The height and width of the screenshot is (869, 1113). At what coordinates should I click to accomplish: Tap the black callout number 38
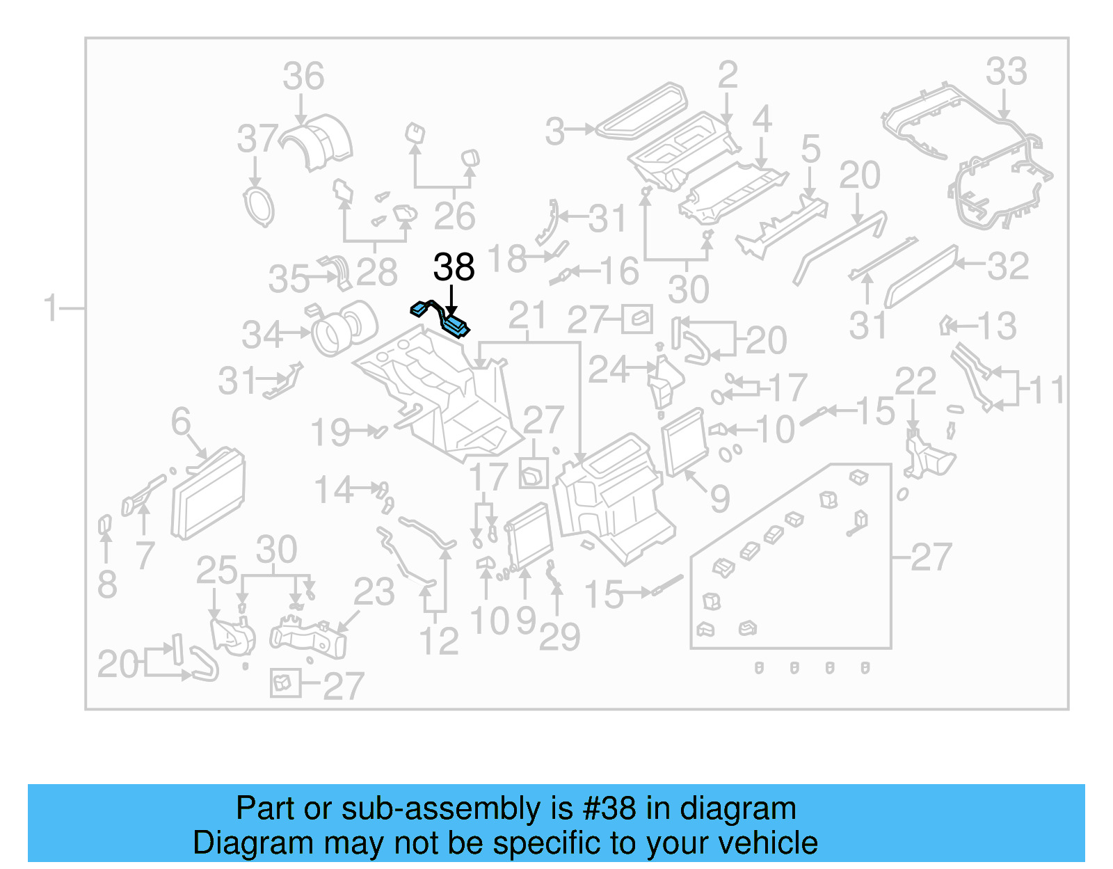454,267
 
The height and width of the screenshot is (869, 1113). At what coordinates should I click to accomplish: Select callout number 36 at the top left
303,76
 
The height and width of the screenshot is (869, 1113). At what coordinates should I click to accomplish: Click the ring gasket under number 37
259,207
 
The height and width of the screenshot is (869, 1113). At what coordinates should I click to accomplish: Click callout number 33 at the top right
1006,71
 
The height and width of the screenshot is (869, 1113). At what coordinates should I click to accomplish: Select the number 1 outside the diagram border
50,307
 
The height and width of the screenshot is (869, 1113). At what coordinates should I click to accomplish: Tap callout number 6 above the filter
181,421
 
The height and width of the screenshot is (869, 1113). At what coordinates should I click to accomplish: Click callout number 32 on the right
1008,266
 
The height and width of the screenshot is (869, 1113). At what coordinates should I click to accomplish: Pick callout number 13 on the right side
997,326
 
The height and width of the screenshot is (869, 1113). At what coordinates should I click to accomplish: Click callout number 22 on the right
915,381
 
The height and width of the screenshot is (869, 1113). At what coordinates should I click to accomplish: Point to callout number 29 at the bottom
559,637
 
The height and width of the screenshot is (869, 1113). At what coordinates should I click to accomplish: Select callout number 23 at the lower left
374,592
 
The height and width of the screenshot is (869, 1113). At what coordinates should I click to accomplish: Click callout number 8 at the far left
106,584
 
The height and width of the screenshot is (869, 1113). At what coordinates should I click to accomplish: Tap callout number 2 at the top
727,74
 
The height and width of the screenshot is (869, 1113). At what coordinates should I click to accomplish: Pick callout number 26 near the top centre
454,216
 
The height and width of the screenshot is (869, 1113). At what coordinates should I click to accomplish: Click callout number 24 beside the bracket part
608,369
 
